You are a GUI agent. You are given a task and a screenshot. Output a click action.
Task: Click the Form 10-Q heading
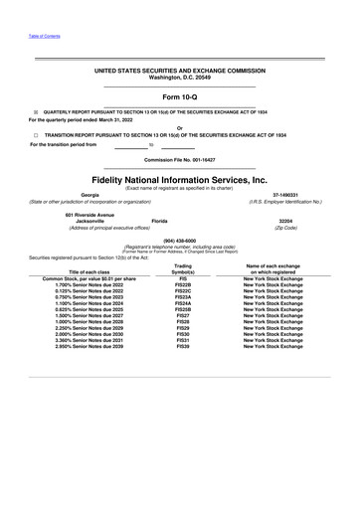coord(179,97)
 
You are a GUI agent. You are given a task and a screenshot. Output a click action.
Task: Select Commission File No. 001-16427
coord(179,159)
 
